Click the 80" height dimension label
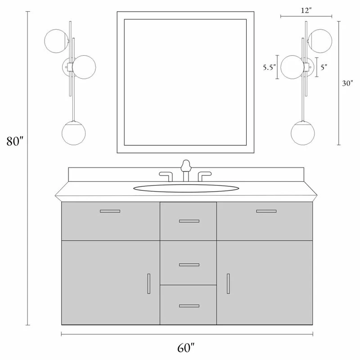[x=15, y=141]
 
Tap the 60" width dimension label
[x=186, y=347]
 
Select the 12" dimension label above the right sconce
[x=306, y=10]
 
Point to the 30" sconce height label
[x=347, y=83]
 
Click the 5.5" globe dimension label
[x=269, y=67]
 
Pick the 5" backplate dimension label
[x=324, y=67]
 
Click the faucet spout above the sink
[x=186, y=171]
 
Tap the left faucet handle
[x=166, y=176]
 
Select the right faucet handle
[x=205, y=176]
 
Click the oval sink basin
[x=186, y=188]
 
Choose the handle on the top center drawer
[x=189, y=221]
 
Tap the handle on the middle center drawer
[x=189, y=265]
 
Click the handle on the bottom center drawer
[x=189, y=306]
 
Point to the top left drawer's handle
[x=110, y=211]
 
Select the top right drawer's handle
[x=266, y=211]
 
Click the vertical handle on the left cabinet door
[x=149, y=283]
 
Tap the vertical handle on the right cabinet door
[x=228, y=283]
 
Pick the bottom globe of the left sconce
[x=73, y=133]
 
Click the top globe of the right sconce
[x=320, y=41]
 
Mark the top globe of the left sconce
[x=56, y=41]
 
